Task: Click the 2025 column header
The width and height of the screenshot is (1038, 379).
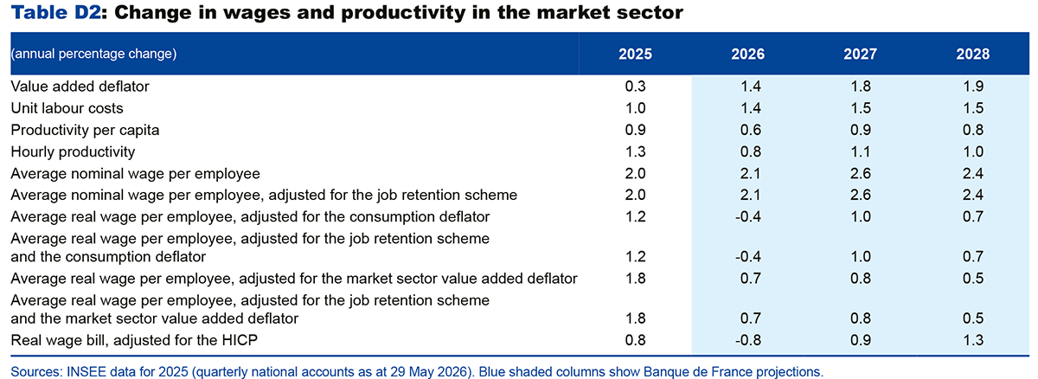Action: click(x=635, y=55)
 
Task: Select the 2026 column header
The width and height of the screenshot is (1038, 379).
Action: click(x=748, y=55)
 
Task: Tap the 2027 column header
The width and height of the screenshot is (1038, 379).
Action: click(x=860, y=55)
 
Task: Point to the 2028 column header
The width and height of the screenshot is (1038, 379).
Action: click(x=972, y=55)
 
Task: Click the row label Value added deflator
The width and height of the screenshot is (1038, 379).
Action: click(x=80, y=87)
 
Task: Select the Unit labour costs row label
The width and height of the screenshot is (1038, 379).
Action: click(x=67, y=108)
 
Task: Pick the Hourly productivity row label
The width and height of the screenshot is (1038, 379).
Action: click(x=73, y=151)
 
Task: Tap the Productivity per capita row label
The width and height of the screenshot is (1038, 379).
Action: click(x=85, y=130)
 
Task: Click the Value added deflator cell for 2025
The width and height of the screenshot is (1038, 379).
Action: click(x=635, y=87)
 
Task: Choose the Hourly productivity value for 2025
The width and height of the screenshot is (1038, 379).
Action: click(x=635, y=151)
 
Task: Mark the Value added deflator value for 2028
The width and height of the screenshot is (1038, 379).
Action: click(x=972, y=87)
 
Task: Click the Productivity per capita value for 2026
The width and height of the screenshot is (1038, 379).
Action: click(x=750, y=130)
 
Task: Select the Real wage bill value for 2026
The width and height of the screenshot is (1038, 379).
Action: click(x=748, y=340)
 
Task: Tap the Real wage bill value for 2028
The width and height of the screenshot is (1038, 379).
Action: click(x=972, y=340)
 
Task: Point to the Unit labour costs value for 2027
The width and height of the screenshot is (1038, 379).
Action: click(x=861, y=108)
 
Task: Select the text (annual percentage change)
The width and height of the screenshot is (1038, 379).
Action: click(x=93, y=54)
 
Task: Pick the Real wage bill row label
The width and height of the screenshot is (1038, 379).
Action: click(x=134, y=340)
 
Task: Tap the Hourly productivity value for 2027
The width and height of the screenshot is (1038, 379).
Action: click(x=861, y=151)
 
